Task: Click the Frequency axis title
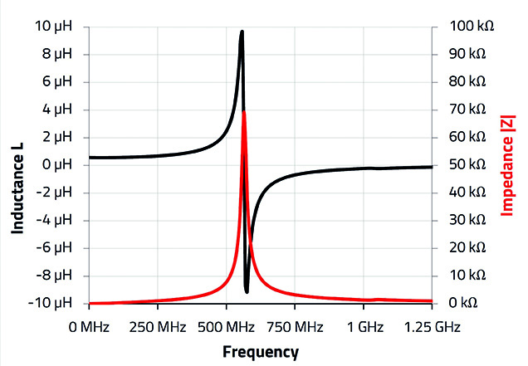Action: (260, 351)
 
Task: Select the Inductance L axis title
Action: (17, 165)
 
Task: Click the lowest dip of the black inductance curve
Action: (247, 291)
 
